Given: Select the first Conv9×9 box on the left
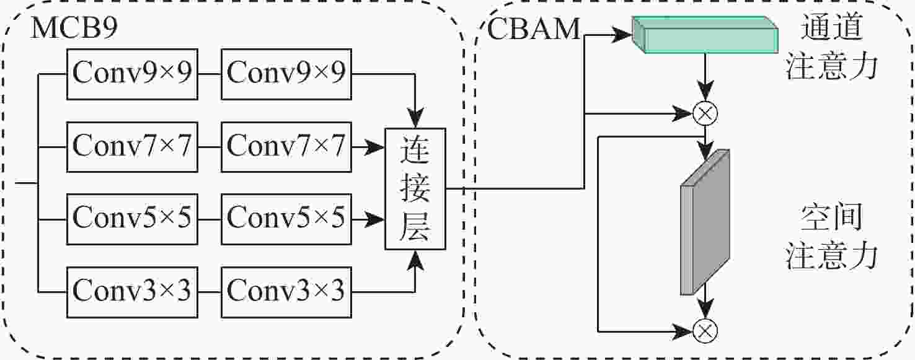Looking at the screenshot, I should click(132, 73).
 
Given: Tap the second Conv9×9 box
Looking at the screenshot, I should click(286, 73).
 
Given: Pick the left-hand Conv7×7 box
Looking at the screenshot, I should click(132, 146).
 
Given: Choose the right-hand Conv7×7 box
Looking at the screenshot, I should click(286, 146).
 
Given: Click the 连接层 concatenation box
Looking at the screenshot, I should click(415, 188).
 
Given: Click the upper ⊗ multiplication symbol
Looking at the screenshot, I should click(705, 113).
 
